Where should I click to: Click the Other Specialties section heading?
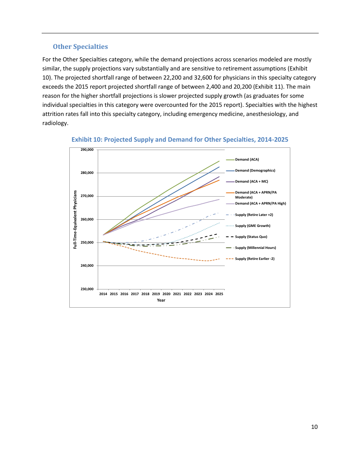click(80, 47)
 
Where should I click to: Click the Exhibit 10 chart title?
click(180, 139)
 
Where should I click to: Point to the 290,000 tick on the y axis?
click(87, 150)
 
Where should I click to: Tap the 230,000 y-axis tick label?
click(87, 289)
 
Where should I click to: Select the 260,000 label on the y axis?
click(87, 219)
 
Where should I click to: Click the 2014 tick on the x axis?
click(103, 294)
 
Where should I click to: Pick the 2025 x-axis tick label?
click(219, 294)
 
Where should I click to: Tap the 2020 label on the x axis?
click(166, 294)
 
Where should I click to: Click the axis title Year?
click(161, 300)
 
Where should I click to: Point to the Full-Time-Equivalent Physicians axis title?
click(75, 219)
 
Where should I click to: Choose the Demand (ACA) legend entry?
click(247, 160)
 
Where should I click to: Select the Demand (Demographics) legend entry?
click(255, 170)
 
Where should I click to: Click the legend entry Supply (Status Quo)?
click(251, 237)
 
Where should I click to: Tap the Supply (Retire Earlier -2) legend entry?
click(255, 259)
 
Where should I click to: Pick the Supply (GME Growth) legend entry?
click(252, 226)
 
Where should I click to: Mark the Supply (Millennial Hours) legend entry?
click(255, 248)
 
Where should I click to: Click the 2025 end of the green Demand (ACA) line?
click(219, 161)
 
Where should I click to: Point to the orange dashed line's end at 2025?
click(219, 259)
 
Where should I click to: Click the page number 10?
click(314, 427)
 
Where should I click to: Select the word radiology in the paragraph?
click(55, 123)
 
